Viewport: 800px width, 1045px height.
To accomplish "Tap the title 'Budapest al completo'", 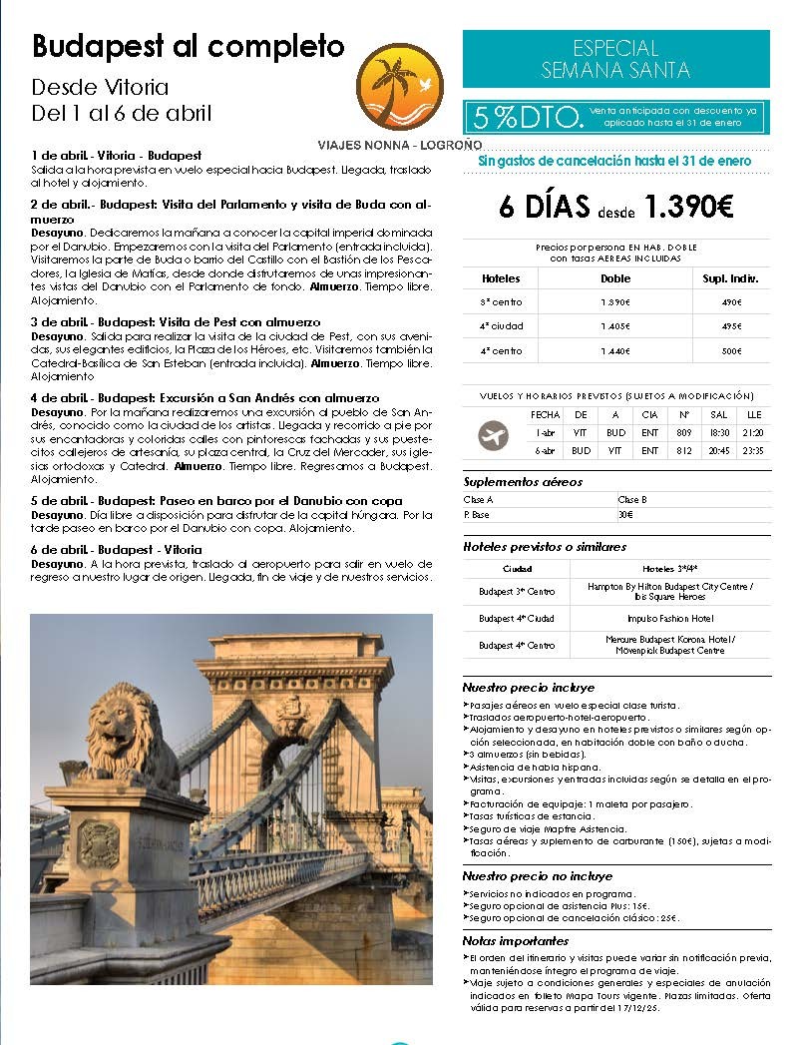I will [x=188, y=46].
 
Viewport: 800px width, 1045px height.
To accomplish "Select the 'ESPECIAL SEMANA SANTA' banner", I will [x=615, y=59].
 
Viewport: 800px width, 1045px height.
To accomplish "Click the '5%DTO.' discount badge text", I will [x=528, y=118].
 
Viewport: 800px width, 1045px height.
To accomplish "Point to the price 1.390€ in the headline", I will [x=688, y=207].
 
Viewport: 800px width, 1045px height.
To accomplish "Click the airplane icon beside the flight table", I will [x=493, y=436].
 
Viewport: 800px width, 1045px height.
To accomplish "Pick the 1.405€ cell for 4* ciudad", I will [x=614, y=326].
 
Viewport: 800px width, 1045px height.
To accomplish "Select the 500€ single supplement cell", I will [x=731, y=351].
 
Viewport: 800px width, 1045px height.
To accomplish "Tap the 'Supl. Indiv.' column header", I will [x=731, y=278].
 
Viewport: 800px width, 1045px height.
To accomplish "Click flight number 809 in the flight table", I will [x=684, y=433].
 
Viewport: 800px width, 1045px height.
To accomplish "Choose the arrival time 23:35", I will [x=753, y=451].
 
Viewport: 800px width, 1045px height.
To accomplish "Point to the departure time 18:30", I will [x=717, y=433].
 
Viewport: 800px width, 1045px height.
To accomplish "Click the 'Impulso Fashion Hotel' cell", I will [x=669, y=618].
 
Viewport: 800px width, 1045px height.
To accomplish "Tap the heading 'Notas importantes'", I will [x=516, y=940].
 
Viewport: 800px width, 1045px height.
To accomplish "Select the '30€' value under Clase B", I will [x=625, y=515].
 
